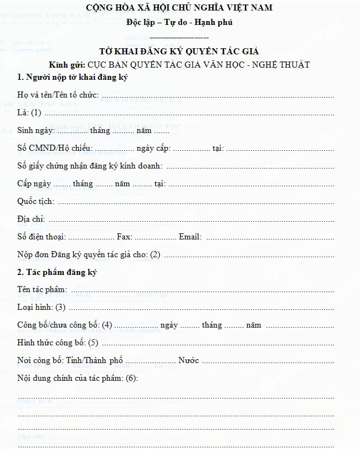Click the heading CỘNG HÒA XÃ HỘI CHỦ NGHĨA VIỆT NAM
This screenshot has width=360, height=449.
pyautogui.click(x=179, y=8)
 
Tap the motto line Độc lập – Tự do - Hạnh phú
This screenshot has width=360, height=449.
pyautogui.click(x=179, y=23)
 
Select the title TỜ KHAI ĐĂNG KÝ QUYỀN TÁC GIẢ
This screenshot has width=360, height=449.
pyautogui.click(x=179, y=52)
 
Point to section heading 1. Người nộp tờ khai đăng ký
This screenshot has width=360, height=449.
pyautogui.click(x=73, y=77)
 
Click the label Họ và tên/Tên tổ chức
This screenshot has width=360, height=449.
pyautogui.click(x=58, y=95)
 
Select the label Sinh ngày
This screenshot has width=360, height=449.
pyautogui.click(x=35, y=131)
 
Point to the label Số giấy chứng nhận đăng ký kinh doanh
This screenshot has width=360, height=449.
pyautogui.click(x=89, y=166)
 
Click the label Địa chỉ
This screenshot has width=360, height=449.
pyautogui.click(x=31, y=219)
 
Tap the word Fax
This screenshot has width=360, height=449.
pyautogui.click(x=125, y=237)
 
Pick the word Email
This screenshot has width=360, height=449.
pyautogui.click(x=190, y=237)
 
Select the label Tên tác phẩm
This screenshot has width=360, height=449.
pyautogui.click(x=42, y=289)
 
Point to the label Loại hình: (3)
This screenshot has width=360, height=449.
pyautogui.click(x=42, y=307)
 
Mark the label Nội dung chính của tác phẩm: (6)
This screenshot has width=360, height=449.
pyautogui.click(x=78, y=378)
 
